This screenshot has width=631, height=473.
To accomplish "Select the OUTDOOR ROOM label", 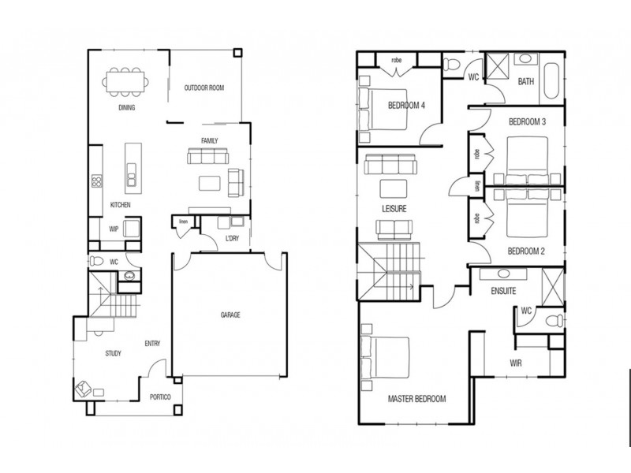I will coord(204,88).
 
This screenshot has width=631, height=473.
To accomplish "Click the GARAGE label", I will coord(230,315).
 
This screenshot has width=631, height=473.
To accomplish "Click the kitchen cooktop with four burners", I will coord(96,181).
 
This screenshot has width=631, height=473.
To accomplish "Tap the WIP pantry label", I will coord(114,229).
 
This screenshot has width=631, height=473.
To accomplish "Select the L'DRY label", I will coord(232,237).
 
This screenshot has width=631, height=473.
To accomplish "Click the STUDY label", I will coord(113,353).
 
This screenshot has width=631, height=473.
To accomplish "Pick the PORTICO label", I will coord(161,397).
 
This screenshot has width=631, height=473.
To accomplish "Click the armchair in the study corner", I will coord(84,388).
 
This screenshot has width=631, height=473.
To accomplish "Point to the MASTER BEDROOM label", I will coord(416,399).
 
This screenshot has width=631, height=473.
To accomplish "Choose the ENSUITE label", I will coord(502,291).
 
